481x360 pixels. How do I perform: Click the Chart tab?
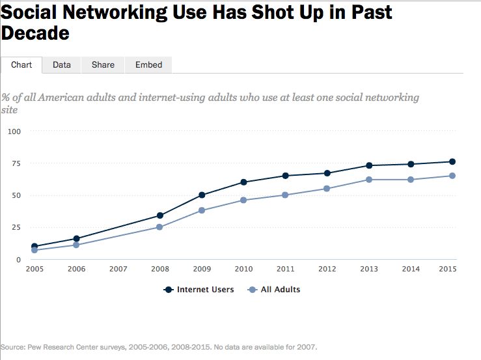coord(21,64)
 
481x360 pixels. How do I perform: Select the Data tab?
coord(62,64)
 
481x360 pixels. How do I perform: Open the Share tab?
coord(103,64)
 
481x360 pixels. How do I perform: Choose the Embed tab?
coord(148,64)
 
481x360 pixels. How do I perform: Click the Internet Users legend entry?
coord(199,290)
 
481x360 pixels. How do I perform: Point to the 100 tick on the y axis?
coord(14,132)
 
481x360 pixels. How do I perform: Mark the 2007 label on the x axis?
coord(118,268)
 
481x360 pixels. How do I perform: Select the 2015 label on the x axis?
coord(447,268)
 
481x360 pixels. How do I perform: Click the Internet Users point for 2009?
coord(202,195)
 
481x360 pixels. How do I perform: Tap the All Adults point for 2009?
coord(202,210)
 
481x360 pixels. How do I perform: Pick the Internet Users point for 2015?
coord(452,161)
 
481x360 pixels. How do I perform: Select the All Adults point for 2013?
coord(369,180)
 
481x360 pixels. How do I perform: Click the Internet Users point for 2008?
coord(160,215)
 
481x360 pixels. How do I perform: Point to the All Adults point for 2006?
coord(76,245)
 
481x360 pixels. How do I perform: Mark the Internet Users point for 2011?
coord(285,176)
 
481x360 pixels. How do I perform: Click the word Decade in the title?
coord(35,33)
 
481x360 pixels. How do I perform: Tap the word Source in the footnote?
coord(14,346)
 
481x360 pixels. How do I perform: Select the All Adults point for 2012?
coord(327,189)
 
